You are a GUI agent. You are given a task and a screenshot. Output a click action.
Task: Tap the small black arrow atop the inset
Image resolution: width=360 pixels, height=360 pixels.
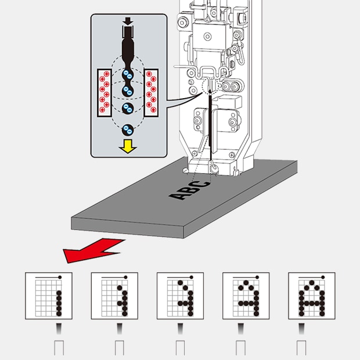point(128,21)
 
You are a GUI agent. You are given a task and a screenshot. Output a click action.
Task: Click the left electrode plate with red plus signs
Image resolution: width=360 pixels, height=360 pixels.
point(105,91)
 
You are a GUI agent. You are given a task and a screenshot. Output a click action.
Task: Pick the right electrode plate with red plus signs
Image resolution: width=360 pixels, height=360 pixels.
point(152,91)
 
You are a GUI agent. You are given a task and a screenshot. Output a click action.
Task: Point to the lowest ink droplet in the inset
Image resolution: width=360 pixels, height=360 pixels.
point(128,129)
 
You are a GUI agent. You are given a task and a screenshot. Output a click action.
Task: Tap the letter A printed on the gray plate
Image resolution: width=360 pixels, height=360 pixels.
point(178,196)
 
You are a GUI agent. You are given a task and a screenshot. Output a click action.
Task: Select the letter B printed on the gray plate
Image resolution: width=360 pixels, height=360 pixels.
point(189,190)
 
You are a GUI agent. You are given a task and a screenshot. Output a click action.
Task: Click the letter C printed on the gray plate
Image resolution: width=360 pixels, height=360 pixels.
point(200,185)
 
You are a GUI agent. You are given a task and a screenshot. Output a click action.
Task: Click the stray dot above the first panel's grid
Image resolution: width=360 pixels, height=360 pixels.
point(60,276)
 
